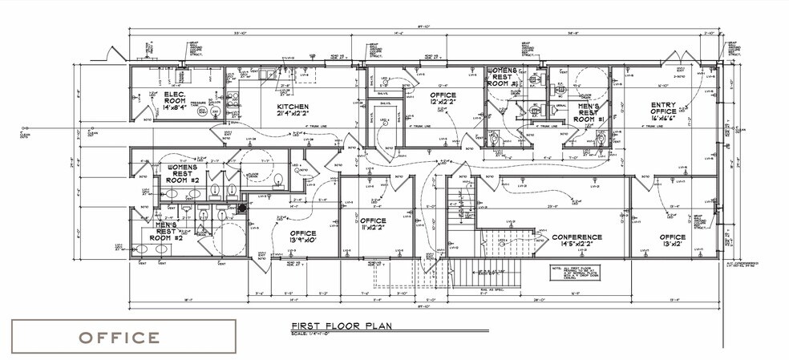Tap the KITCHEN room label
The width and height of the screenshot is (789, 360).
tap(293, 107)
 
